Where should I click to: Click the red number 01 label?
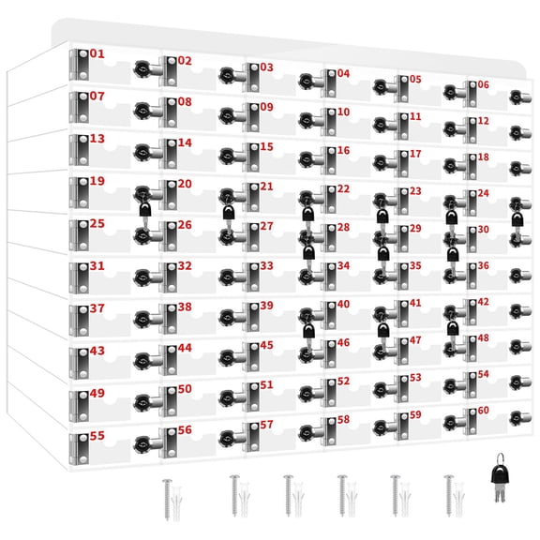(x=97, y=53)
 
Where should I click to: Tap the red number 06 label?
(x=483, y=84)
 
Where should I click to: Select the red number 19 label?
(x=97, y=181)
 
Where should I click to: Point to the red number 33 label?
(x=266, y=266)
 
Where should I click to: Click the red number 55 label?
(x=97, y=436)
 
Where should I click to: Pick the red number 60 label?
(x=483, y=411)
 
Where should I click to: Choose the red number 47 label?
(x=415, y=340)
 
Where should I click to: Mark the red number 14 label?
(x=185, y=142)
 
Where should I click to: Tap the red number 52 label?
(x=343, y=382)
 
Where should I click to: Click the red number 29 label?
(x=415, y=229)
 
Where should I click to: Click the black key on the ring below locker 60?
(x=500, y=478)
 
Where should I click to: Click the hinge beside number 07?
(x=79, y=108)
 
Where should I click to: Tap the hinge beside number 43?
(x=79, y=363)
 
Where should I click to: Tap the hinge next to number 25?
(x=79, y=235)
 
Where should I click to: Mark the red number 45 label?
(x=266, y=345)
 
